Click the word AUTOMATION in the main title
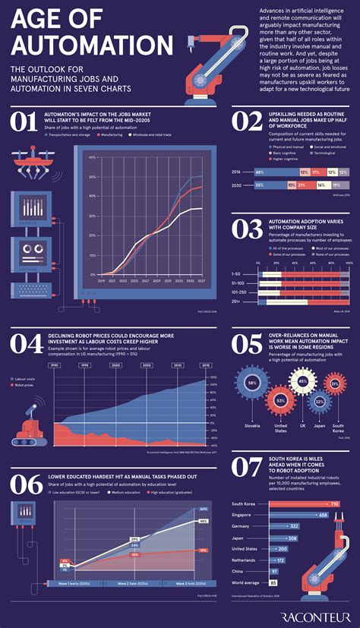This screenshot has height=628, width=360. [x=91, y=44]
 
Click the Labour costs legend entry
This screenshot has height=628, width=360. [x=27, y=377]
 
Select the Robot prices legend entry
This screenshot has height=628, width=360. [x=27, y=385]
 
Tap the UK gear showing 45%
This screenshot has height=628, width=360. [x=302, y=382]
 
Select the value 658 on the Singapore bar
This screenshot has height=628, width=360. [x=322, y=515]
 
